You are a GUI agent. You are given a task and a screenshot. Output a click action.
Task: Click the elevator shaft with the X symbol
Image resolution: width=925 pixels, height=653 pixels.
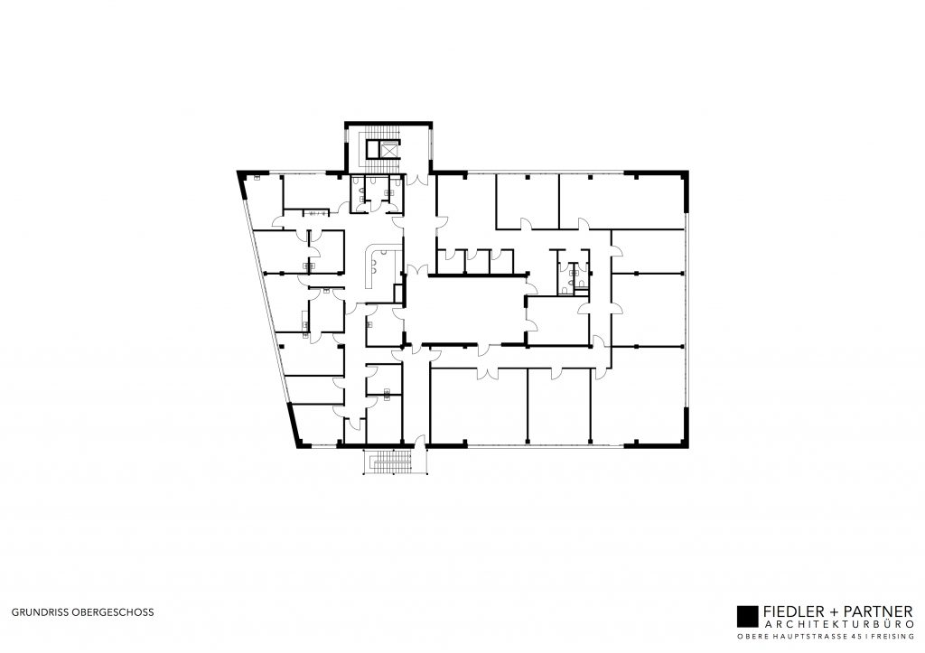point(389,150)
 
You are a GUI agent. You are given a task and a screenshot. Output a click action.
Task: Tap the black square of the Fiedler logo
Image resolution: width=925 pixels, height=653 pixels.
point(747,616)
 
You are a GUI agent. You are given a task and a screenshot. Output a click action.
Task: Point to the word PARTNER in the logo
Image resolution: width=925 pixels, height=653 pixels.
point(877,611)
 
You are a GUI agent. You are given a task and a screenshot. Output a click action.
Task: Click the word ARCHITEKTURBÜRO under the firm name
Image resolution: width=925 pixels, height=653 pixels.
point(838,624)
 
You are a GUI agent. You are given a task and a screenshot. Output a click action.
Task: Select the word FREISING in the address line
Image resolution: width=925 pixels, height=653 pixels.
point(892,637)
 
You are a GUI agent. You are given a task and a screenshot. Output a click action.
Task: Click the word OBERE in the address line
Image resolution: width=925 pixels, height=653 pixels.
point(752,637)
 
